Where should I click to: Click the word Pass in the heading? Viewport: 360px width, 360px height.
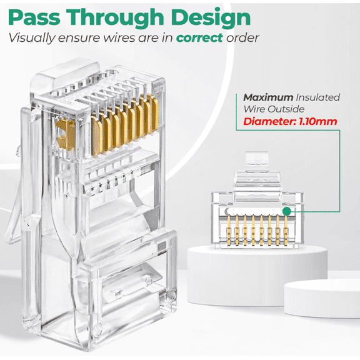coord(37,16)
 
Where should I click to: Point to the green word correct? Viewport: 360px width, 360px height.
coord(199,37)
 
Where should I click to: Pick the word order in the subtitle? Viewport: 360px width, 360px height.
coord(242,37)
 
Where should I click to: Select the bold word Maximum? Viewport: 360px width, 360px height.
coord(269,97)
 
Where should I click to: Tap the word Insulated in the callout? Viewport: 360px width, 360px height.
coord(319,97)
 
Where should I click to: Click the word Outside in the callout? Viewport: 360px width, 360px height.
coord(294,109)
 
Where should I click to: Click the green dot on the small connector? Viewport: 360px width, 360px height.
coord(287,211)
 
